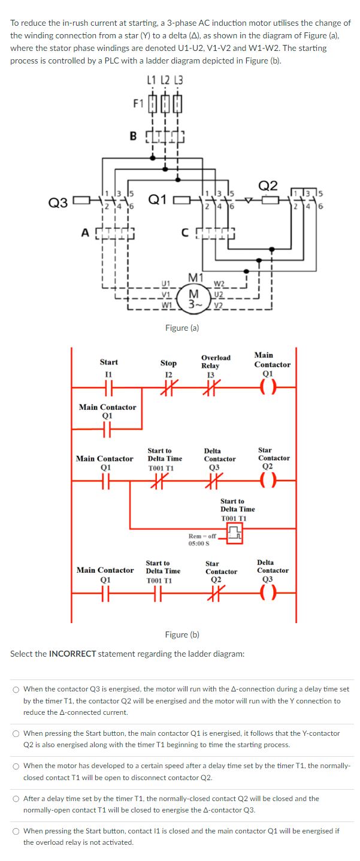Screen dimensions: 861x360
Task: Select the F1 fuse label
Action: (138, 102)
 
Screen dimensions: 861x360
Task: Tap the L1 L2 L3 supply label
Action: (165, 80)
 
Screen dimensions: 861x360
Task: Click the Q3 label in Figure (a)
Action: (58, 202)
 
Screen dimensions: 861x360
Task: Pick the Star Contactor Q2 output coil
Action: (265, 481)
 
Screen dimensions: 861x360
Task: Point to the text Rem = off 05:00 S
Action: (201, 539)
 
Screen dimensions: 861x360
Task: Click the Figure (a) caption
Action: (182, 328)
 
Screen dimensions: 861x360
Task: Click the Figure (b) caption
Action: (182, 635)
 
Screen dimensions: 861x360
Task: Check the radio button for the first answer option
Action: (16, 690)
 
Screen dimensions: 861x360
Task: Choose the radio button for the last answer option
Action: (16, 832)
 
